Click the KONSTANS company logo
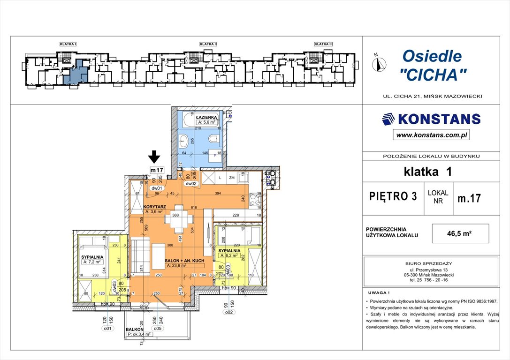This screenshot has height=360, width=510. [431, 119]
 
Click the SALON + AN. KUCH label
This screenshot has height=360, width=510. [185, 260]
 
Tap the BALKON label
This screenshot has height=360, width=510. [135, 330]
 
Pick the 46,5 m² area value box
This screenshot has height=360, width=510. [461, 233]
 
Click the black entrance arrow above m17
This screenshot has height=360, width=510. [155, 157]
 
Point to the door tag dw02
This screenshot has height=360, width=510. [190, 184]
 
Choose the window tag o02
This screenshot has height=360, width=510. [228, 311]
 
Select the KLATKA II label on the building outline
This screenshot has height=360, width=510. [208, 44]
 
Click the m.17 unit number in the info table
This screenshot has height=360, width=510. [469, 198]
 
